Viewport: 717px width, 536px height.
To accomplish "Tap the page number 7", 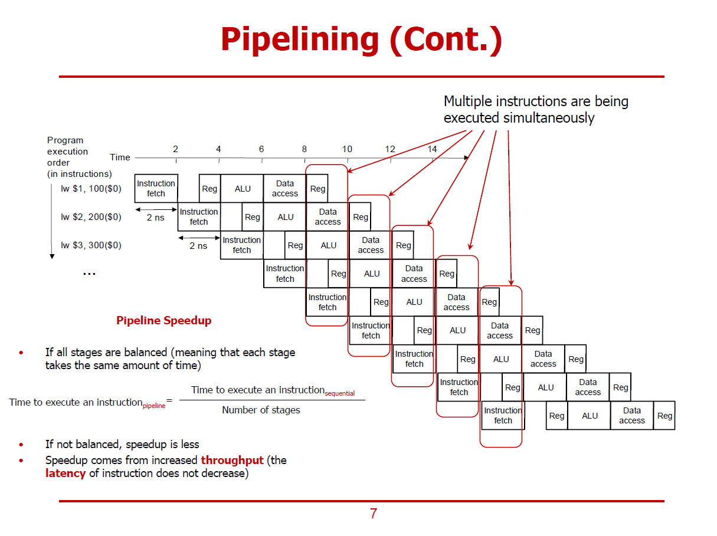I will [x=373, y=514].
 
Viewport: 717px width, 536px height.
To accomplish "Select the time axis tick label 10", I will [x=347, y=149].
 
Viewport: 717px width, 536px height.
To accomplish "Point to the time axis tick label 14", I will [x=432, y=149].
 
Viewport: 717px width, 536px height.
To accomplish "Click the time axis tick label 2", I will [x=175, y=149].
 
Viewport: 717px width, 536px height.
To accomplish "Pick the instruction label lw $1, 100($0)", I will [x=91, y=189].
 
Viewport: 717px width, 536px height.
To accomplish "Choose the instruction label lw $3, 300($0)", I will [x=91, y=245].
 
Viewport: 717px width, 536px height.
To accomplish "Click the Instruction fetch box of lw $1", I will [x=156, y=189].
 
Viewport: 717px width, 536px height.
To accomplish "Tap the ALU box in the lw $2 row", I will [x=286, y=217].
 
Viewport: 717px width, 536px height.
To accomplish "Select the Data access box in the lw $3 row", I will [x=371, y=245].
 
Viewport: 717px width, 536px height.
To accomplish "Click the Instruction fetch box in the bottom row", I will [x=503, y=415].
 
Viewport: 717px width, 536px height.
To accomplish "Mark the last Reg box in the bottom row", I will [x=664, y=416].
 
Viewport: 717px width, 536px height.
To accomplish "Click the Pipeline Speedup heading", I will [x=163, y=321].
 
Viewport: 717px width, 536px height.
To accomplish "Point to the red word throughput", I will [x=232, y=460].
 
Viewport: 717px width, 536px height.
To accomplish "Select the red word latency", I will [x=65, y=473].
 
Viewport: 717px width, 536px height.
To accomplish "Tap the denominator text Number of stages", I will [x=261, y=410].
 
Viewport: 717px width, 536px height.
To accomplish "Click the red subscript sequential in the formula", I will [x=340, y=393].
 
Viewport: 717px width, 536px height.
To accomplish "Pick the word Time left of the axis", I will [x=120, y=157].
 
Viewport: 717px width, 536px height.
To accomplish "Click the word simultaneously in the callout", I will [x=549, y=118].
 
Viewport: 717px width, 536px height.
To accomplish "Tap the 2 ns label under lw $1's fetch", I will [x=156, y=217].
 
